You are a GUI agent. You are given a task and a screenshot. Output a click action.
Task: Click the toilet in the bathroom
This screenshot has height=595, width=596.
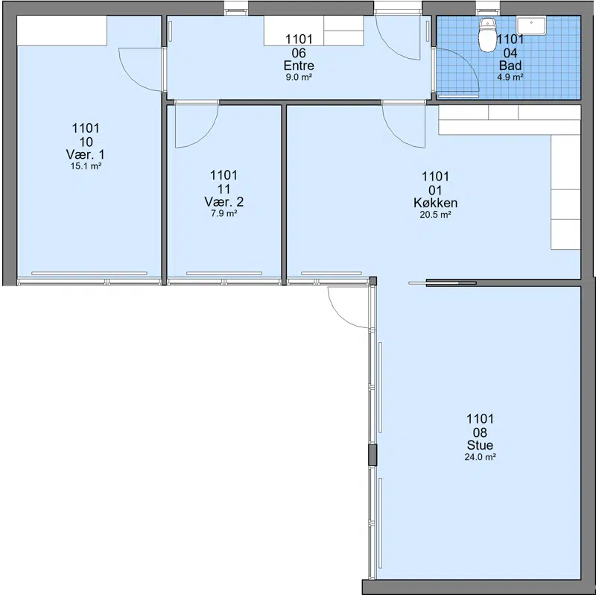point(488,35)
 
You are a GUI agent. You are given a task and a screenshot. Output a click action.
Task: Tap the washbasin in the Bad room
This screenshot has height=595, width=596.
point(531,25)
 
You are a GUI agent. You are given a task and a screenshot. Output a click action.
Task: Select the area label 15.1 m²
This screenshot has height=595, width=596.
point(86,166)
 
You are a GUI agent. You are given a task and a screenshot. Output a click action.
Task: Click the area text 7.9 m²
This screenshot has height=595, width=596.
point(224,213)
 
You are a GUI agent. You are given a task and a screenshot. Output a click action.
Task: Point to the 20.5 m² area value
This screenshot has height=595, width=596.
point(435,215)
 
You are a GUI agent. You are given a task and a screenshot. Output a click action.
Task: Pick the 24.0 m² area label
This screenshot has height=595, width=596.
point(480,457)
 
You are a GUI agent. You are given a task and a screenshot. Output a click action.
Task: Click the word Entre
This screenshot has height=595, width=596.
point(299,66)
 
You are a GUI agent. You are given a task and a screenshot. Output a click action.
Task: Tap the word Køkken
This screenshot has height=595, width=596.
point(435,203)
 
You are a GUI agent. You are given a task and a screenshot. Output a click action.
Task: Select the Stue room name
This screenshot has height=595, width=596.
point(480,445)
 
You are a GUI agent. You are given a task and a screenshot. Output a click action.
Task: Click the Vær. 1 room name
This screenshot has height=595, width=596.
point(86,154)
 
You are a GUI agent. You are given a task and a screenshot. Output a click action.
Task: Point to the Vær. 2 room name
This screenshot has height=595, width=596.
point(224,201)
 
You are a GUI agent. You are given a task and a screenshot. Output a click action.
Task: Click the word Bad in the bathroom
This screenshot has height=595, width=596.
point(510,66)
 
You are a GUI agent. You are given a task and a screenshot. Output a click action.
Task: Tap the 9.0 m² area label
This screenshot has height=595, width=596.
point(299,78)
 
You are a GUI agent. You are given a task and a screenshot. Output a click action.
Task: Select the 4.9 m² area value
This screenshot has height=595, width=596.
point(510,78)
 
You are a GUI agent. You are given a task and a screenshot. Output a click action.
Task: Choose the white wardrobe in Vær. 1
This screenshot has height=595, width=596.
point(62,31)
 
